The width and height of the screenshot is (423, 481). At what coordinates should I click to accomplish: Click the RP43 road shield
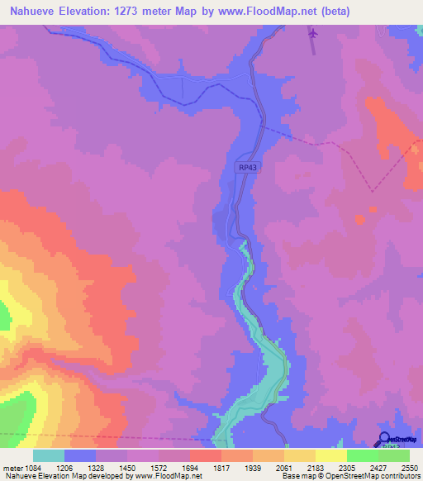point(248,167)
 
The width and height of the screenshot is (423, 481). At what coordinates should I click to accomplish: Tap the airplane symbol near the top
point(312,33)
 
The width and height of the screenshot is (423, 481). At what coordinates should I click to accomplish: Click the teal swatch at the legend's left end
point(49,455)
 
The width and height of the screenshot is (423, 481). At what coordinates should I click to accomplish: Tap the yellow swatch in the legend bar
point(330,455)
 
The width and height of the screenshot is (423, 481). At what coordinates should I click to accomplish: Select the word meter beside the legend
point(12,467)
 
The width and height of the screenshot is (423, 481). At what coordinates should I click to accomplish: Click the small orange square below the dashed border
point(359,219)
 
